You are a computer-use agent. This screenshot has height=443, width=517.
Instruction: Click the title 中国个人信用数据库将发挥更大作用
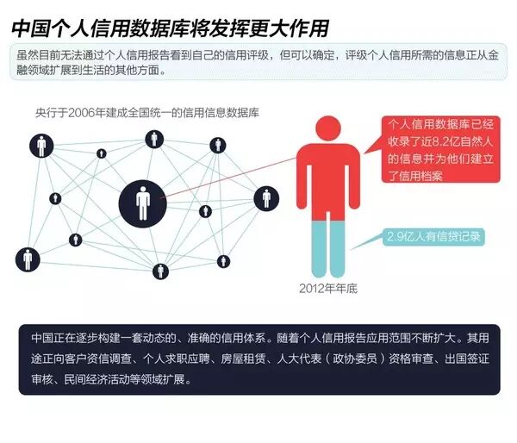coord(170,28)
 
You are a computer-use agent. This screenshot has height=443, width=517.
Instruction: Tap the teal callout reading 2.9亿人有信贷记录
coord(433,235)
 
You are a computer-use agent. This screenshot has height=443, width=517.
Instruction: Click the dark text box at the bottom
coord(259,358)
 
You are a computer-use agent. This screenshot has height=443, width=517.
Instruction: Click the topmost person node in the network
coord(155,138)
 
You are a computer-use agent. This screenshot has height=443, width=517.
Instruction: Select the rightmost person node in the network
coord(266,199)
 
